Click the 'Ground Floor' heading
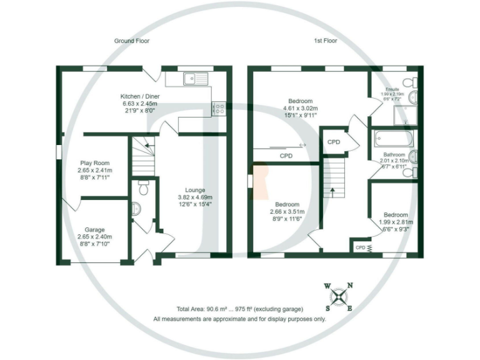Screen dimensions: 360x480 tap(131, 41)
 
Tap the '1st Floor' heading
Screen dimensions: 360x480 tap(326, 41)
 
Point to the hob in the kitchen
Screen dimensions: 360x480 tap(219, 109)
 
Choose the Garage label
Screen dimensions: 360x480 tap(95, 229)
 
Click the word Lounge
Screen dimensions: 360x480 tap(196, 190)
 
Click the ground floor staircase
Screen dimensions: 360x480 tap(142, 157)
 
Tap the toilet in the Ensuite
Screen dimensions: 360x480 tap(409, 82)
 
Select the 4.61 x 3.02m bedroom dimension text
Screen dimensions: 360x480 tap(300, 108)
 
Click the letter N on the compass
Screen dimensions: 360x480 tap(349, 286)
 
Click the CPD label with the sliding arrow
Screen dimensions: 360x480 tap(286, 155)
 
